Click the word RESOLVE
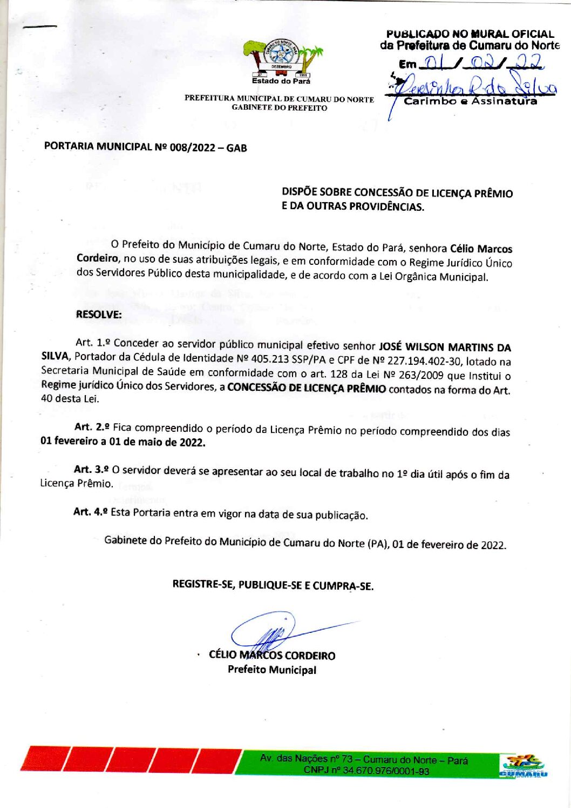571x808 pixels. click(x=99, y=315)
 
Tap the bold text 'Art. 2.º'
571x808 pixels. click(x=92, y=427)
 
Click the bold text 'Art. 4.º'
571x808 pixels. click(x=91, y=511)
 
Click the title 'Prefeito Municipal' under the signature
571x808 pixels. click(x=271, y=670)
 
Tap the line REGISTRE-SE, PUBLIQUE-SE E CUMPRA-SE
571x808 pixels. click(x=273, y=585)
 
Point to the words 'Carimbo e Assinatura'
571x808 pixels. click(x=471, y=102)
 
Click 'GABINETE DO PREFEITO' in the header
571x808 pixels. click(x=279, y=108)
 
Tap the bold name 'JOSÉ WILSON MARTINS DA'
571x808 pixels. click(x=445, y=347)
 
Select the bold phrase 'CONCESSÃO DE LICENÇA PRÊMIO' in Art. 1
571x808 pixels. click(x=307, y=389)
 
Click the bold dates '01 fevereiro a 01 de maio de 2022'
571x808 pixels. click(x=123, y=442)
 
